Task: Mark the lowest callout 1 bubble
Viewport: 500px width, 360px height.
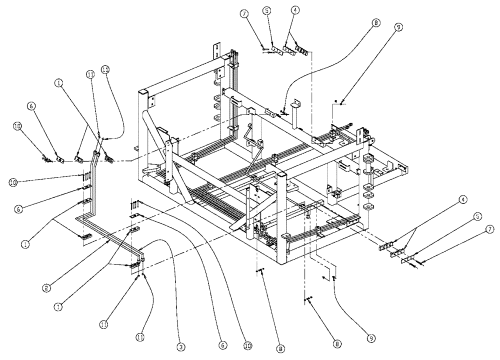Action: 59,307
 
